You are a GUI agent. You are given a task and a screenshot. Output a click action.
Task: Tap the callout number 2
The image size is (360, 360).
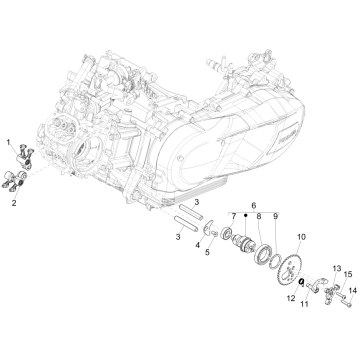click(x=14, y=202)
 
